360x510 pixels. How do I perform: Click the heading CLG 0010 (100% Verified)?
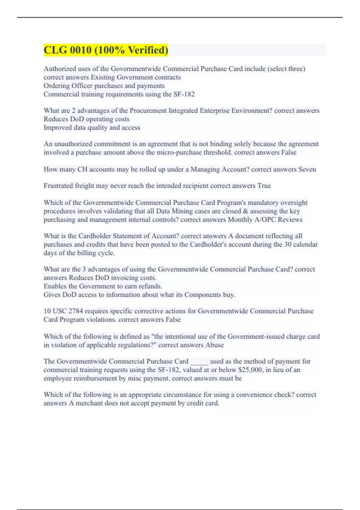click(x=106, y=50)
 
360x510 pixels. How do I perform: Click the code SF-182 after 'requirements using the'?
click(x=184, y=94)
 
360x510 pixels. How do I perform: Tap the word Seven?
click(x=307, y=169)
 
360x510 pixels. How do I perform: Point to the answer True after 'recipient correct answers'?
click(x=264, y=186)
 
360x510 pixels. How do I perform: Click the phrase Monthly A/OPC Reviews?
click(x=265, y=220)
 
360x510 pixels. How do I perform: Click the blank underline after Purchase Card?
click(x=199, y=361)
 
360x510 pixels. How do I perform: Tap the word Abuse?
click(x=214, y=345)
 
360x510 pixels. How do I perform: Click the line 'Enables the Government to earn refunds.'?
click(x=103, y=286)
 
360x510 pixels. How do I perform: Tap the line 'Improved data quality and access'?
click(x=92, y=127)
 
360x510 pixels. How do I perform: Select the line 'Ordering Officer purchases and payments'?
click(x=104, y=86)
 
